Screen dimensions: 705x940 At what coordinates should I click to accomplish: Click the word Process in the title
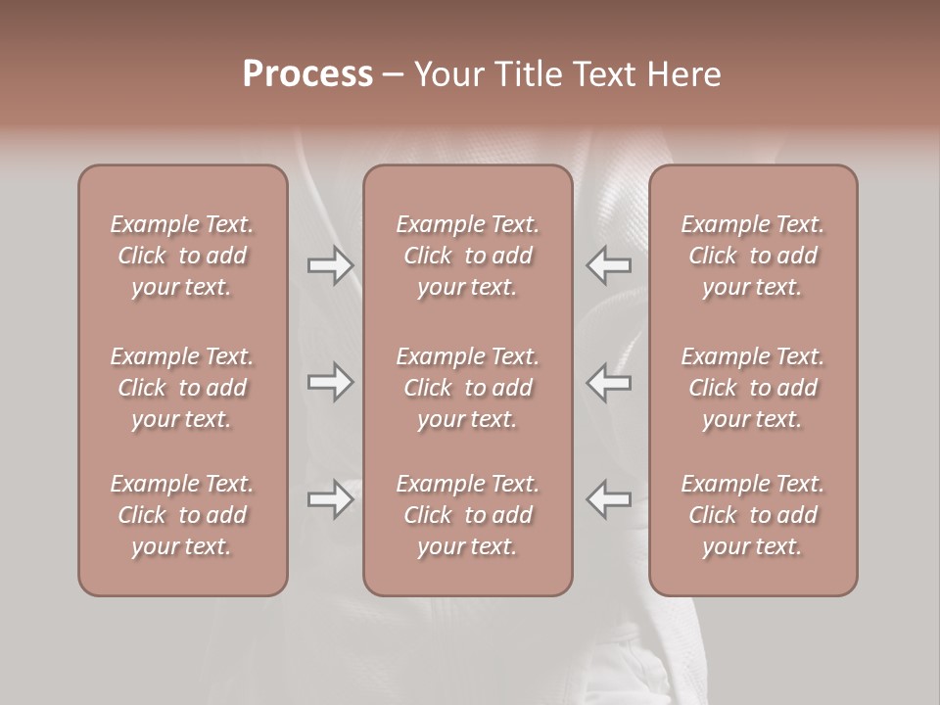(307, 74)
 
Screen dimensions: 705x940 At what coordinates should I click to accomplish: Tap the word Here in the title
(683, 74)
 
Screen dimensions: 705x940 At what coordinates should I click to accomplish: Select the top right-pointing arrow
(330, 265)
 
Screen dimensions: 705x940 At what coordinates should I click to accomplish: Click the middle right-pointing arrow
(330, 382)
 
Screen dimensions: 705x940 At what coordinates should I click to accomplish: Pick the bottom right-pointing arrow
(330, 499)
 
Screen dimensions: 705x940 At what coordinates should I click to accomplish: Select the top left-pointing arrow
(609, 264)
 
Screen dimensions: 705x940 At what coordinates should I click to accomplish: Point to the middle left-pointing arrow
(609, 382)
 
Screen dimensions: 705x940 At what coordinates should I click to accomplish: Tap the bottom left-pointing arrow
(609, 498)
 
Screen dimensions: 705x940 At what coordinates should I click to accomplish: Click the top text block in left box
(182, 256)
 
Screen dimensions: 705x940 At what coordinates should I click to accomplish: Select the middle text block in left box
(182, 388)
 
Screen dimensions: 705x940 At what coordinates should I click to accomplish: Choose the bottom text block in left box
(182, 515)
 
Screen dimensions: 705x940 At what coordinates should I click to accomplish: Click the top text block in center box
(468, 256)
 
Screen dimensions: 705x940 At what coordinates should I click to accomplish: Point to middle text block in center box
(468, 388)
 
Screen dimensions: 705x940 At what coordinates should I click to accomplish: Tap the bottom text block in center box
(468, 515)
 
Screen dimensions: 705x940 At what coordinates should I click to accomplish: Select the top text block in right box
(753, 256)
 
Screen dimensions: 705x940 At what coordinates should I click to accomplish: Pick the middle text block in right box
(753, 388)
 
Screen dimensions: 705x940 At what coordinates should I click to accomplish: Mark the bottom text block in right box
(753, 515)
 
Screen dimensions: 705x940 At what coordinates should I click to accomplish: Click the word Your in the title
(447, 74)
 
